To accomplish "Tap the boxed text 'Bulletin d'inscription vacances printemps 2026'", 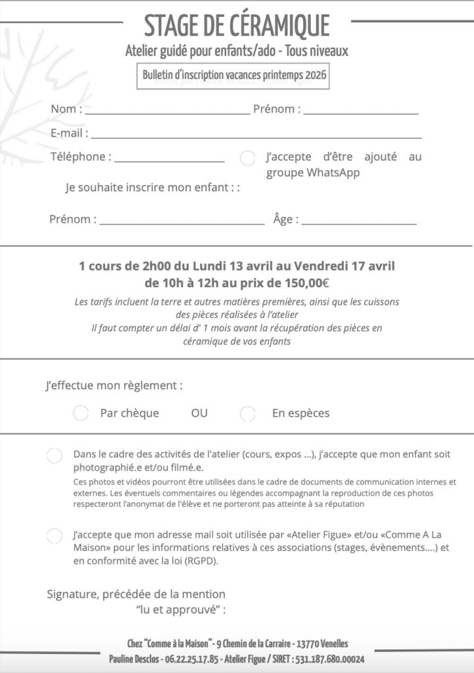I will coord(235,75).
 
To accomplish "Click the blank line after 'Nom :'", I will coord(167,112).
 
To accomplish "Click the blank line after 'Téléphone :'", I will coord(170,160).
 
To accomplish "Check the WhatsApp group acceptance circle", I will coord(248,158).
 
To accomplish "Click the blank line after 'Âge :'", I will coord(359,223).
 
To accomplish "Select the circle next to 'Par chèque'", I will coord(81,413).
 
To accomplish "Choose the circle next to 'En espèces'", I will coord(248,413).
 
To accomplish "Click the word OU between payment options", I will coord(199,413).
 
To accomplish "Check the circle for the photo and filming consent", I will coord(55,456).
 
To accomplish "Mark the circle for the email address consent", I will coord(55,536).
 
